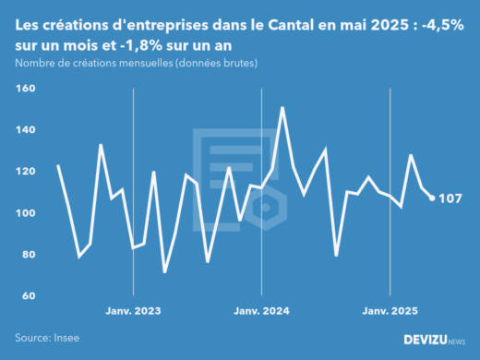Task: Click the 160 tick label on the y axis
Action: [25, 89]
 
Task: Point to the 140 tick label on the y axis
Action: [25, 130]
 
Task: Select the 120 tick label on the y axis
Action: [25, 172]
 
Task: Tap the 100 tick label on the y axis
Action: [25, 213]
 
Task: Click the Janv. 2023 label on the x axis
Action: [135, 311]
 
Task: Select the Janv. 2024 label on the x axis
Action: [262, 311]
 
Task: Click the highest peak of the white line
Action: [282, 108]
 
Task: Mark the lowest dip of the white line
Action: [164, 271]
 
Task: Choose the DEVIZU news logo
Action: [435, 340]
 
